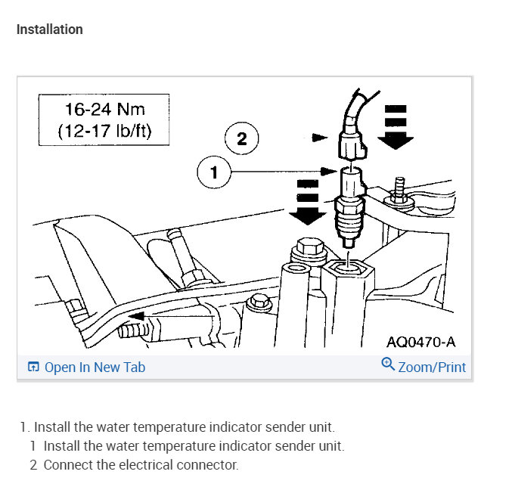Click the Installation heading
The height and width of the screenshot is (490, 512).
(50, 29)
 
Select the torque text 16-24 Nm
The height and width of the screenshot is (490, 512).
(104, 109)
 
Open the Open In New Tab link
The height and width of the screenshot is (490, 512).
(95, 367)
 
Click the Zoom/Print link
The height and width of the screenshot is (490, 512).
(431, 367)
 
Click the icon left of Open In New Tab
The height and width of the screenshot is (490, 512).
(33, 367)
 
